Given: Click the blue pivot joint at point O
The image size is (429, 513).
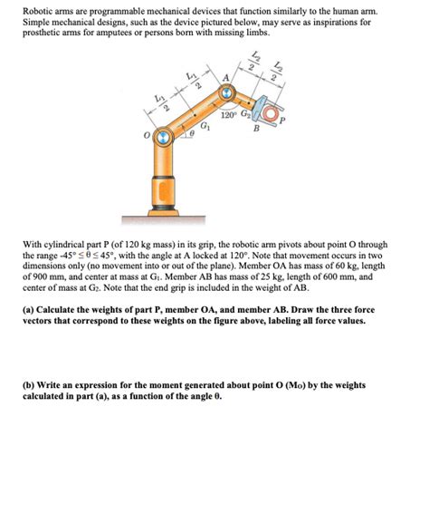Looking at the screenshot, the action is [164, 138].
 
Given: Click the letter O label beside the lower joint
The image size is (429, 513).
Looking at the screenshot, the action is [148, 135].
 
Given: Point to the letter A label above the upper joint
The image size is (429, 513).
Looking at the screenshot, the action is [225, 78].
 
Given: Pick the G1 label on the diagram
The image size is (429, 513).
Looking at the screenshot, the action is [205, 125].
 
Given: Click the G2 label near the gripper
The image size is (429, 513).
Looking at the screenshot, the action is [245, 114].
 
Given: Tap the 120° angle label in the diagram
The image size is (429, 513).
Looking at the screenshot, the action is [228, 115].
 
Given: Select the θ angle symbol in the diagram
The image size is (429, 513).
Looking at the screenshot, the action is [193, 133].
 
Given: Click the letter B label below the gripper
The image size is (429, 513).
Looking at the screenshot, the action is [256, 129].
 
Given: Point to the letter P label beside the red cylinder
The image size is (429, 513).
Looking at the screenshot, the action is [282, 121].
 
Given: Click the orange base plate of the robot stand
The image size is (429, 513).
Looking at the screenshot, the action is [164, 213].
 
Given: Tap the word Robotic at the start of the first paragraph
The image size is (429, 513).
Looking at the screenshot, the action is [33, 11].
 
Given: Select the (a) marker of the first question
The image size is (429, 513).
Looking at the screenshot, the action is [27, 309].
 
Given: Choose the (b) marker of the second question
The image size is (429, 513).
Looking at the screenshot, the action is [28, 385].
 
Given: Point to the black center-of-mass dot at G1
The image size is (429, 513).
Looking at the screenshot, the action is [195, 115].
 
